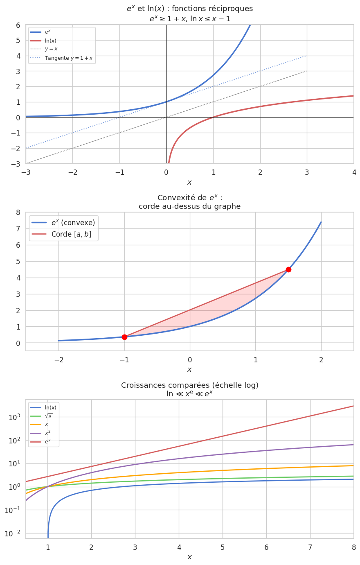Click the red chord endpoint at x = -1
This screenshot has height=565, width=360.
click(x=124, y=337)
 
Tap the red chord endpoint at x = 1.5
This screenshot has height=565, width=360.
click(x=288, y=269)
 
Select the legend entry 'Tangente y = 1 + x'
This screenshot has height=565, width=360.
click(x=68, y=58)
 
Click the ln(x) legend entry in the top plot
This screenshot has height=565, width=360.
click(x=50, y=41)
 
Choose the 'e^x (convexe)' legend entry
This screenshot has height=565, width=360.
click(x=73, y=223)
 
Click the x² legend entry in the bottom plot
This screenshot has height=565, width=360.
click(x=47, y=433)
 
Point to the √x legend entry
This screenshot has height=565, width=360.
click(x=48, y=416)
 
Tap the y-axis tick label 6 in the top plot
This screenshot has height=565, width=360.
click(x=18, y=25)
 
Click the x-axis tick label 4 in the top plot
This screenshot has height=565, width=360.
click(x=354, y=172)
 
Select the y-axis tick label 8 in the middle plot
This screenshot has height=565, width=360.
click(x=18, y=212)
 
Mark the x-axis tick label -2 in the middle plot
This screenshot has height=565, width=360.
click(x=59, y=360)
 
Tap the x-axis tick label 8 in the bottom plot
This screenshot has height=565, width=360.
click(x=354, y=547)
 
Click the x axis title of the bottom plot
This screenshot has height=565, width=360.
click(x=189, y=557)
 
